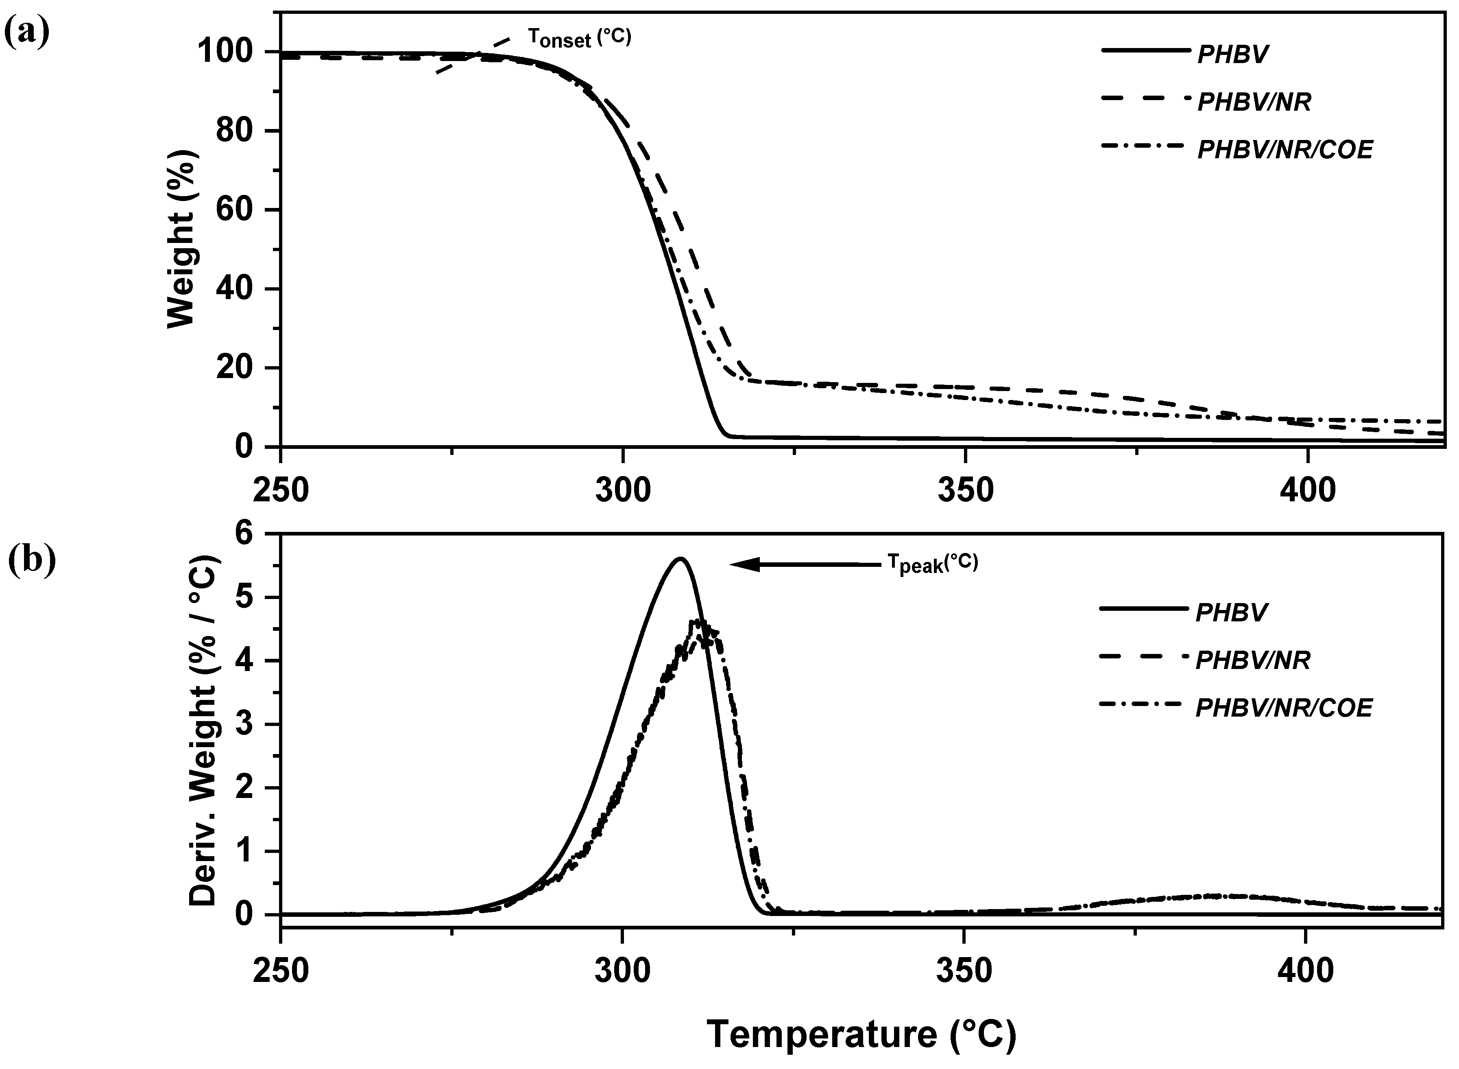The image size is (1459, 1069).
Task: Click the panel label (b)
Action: coord(31,560)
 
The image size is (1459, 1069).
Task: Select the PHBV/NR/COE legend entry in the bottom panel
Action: coord(1283,708)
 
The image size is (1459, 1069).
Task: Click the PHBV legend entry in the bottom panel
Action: coord(1231,612)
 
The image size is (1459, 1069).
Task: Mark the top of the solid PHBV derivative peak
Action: coord(680,558)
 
